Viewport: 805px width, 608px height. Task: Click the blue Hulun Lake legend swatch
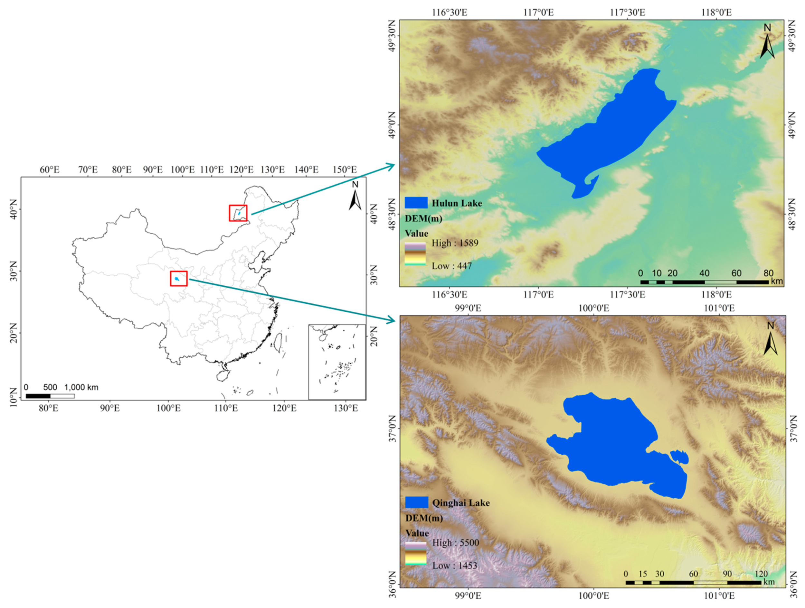[416, 203]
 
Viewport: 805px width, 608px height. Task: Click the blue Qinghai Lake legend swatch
[416, 502]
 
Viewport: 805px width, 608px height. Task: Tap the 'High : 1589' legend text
[455, 243]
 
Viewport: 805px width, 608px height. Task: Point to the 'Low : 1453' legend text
[455, 566]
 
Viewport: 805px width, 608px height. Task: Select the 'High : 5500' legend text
[456, 543]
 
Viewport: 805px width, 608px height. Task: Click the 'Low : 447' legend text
[452, 266]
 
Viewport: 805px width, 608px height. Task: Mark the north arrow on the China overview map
[355, 196]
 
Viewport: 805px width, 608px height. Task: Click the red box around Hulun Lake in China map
[238, 213]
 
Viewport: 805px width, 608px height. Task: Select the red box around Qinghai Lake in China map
[179, 279]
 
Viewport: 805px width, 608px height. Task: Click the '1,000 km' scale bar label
[81, 387]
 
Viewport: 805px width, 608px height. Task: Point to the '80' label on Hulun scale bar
[768, 273]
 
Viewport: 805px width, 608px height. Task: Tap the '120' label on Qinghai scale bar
[761, 574]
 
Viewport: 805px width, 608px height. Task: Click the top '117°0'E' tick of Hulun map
[539, 12]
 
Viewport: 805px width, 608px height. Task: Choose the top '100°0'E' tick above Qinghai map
[593, 309]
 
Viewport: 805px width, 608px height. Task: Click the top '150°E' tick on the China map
[345, 170]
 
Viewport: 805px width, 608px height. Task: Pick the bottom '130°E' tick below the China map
[346, 408]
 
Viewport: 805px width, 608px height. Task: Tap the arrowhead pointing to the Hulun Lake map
[391, 167]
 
